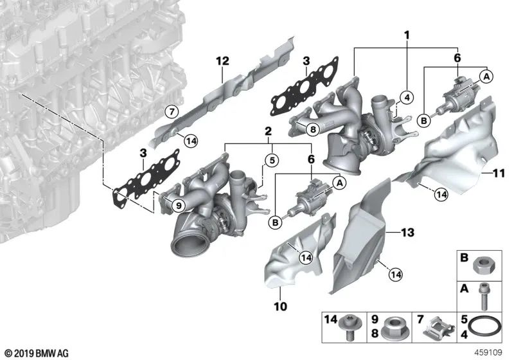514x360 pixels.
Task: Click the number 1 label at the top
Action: coord(406,34)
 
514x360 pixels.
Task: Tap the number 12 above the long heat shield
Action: coord(222,62)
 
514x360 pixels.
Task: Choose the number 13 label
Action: coord(408,231)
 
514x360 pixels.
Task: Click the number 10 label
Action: coord(281,306)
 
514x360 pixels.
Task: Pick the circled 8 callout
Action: coord(312,129)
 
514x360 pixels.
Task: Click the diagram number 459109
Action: coord(494,353)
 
